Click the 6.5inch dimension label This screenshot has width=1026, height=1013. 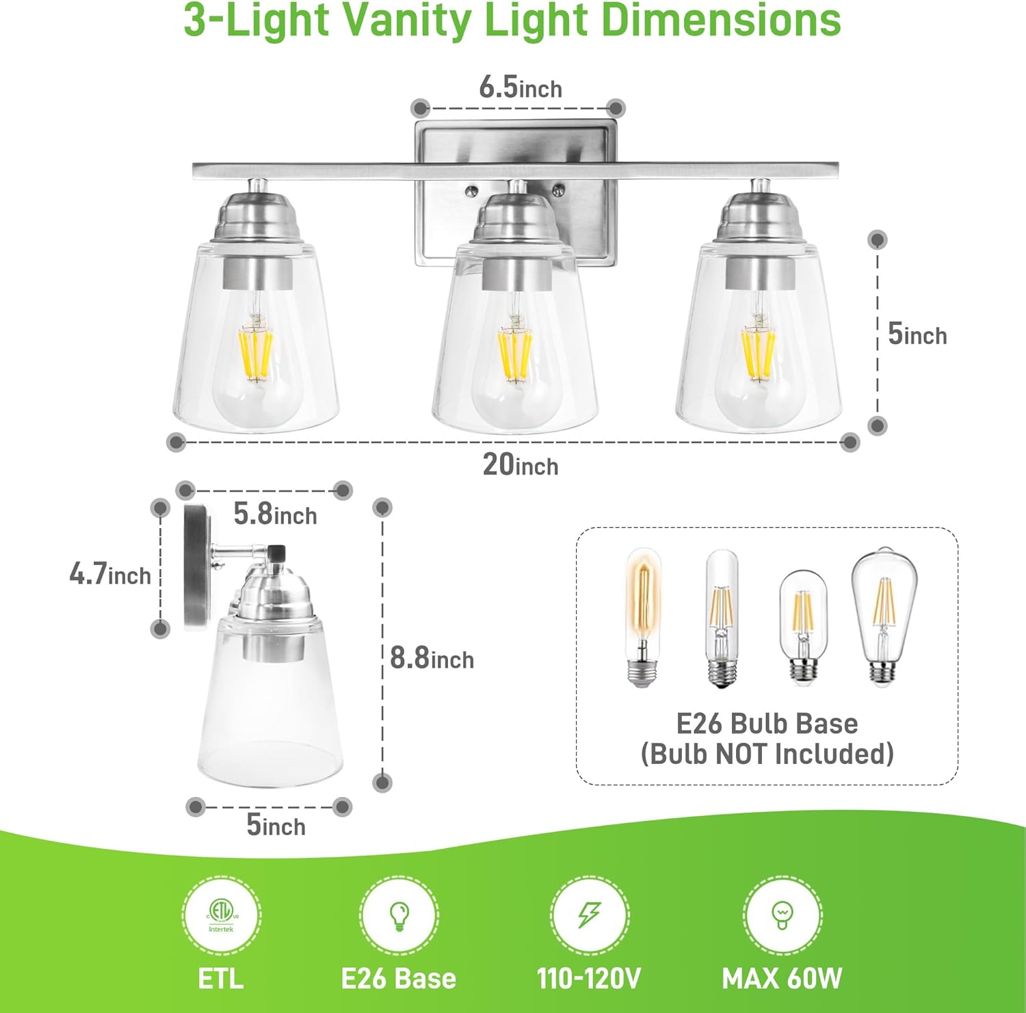pos(520,88)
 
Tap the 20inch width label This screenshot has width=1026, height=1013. pos(521,465)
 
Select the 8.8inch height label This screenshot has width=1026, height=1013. pos(432,658)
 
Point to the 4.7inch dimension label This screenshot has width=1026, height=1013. pos(110,574)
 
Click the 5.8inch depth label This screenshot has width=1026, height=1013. pos(275,514)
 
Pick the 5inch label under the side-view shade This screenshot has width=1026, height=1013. pos(276,826)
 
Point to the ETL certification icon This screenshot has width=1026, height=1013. pos(221,915)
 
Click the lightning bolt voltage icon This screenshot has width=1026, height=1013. pos(590,915)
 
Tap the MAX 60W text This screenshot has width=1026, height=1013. pos(782,978)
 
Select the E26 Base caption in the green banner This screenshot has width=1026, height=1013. pos(398,978)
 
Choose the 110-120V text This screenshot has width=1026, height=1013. pos(589,978)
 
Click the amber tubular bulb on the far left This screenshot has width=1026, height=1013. pos(642,616)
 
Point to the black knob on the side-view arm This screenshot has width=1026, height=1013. pos(276,551)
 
